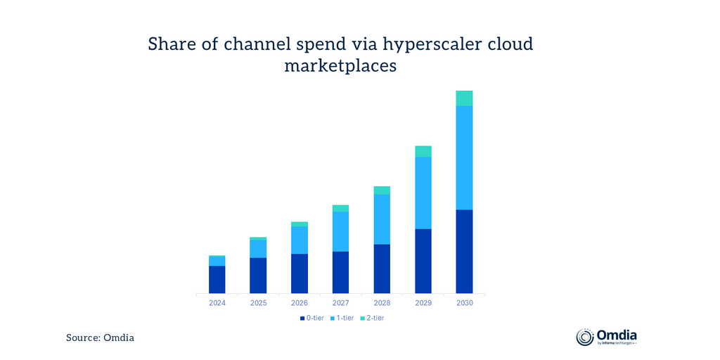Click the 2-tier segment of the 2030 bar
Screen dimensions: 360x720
(464, 98)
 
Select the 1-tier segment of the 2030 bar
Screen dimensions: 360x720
(464, 157)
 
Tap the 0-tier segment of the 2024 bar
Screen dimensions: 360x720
(217, 279)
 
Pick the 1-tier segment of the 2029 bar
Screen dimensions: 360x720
(423, 193)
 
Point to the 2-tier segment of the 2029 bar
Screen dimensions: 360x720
(423, 151)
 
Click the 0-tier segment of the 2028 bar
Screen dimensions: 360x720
(382, 269)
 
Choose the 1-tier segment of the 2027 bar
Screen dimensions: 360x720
(341, 231)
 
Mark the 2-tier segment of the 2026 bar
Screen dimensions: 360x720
(300, 224)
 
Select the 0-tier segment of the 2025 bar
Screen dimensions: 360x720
(258, 276)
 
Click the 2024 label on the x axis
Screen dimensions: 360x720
(217, 303)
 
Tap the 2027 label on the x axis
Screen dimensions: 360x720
(341, 303)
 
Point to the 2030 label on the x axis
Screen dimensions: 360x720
(464, 303)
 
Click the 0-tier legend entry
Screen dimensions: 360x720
(311, 318)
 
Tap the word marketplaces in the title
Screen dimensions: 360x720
(341, 66)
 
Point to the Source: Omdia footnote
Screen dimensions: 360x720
(100, 338)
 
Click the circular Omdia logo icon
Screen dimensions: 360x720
(585, 337)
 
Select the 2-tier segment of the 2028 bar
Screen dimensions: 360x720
(382, 190)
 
